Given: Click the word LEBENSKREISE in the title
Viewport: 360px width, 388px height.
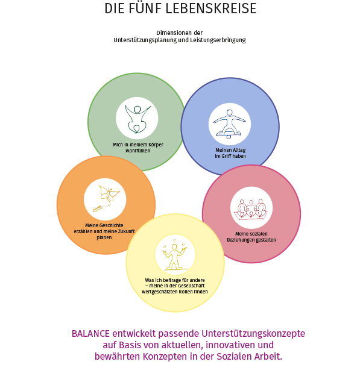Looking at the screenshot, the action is coord(211,8).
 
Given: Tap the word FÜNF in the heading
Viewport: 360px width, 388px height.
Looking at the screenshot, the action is coord(145,8).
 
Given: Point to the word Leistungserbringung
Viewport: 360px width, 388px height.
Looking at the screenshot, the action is coord(218,40).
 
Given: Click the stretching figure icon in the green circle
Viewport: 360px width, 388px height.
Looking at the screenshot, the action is coord(137,119).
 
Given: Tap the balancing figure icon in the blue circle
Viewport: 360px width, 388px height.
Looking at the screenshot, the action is coord(230,124).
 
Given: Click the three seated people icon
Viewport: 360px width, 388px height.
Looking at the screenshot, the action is coord(251,209).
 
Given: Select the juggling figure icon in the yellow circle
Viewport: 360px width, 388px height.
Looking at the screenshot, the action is coord(175,255).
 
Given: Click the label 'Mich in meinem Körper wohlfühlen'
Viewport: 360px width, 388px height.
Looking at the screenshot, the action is coord(138,148).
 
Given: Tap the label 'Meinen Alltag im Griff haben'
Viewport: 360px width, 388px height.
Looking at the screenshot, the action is coord(230,153).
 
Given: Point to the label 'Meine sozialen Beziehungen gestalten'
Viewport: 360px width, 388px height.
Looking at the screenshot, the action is coord(251,237).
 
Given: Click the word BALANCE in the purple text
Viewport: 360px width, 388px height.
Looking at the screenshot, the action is coord(90,334).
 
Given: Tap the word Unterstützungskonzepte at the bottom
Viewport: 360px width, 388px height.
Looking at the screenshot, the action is coord(253,334).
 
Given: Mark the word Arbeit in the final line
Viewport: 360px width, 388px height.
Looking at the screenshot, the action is coord(270,357).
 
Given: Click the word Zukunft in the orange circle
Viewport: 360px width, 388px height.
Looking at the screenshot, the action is coord(125,231).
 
